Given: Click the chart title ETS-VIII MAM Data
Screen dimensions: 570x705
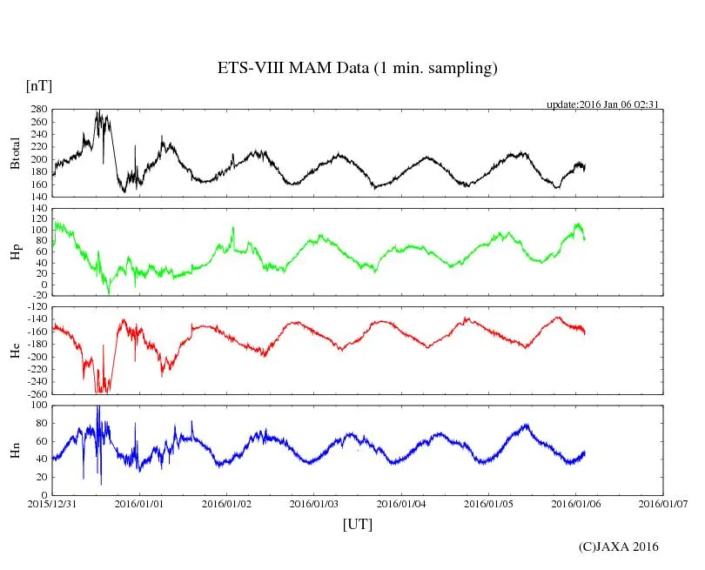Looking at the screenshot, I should coord(357,69).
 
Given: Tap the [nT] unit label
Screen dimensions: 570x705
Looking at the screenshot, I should coord(38,87).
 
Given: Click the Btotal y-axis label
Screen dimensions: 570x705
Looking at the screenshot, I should coord(14,153).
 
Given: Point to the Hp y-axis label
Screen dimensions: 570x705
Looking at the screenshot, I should coord(14,252).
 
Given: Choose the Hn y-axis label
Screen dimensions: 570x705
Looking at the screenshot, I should coord(14,449).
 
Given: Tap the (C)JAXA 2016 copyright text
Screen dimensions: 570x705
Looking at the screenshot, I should coord(619,547).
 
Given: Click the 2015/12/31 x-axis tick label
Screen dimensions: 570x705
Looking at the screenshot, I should coord(53,504).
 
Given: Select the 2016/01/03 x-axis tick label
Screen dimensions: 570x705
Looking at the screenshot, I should coord(315,504).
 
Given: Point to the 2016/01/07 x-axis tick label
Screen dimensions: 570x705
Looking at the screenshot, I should coord(663,504).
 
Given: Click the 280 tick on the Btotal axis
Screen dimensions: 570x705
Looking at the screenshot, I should coord(38,111).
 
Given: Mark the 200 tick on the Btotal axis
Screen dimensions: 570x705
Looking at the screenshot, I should coord(38,160).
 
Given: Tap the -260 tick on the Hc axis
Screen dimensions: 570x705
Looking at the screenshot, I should coord(37,393).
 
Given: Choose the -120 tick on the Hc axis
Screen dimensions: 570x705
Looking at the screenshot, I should coord(37,308).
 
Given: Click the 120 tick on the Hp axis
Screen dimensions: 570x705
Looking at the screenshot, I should coord(38,210).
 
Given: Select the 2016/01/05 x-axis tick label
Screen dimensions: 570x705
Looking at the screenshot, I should coord(489,504).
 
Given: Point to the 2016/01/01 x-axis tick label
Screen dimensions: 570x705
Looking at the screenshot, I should coord(141,504).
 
